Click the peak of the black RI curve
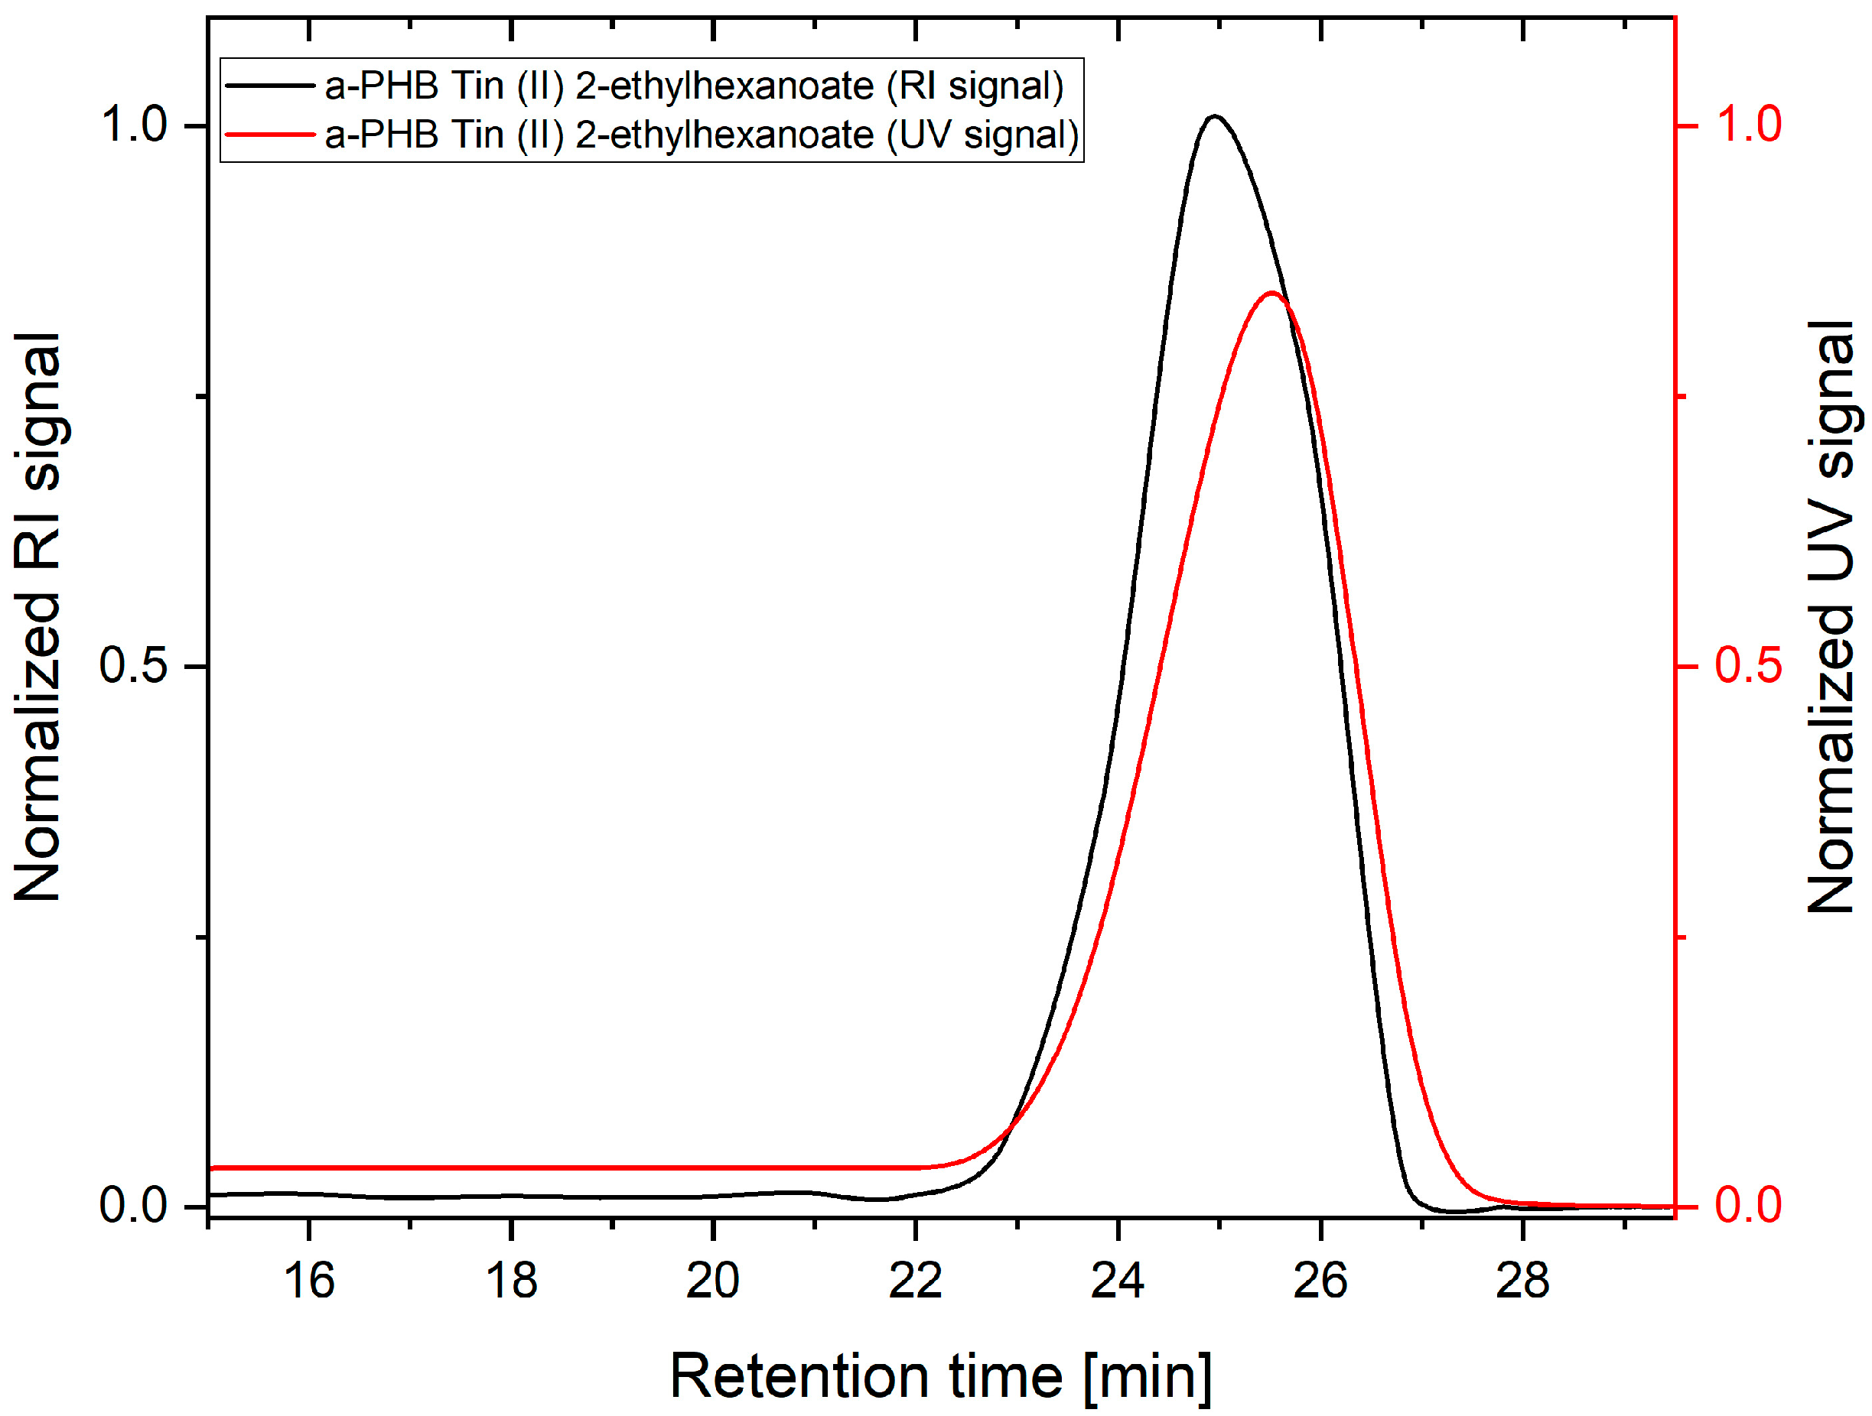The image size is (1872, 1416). (1216, 116)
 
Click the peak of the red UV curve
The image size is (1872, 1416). (1271, 294)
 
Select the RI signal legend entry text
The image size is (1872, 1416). (694, 86)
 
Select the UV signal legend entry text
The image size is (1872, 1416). (702, 135)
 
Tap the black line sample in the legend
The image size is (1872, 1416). (269, 86)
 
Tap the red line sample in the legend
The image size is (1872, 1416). (269, 134)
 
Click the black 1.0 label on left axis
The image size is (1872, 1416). (135, 125)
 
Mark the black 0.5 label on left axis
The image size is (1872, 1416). (135, 665)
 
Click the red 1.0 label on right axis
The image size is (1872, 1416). (1748, 125)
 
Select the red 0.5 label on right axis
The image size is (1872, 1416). (1748, 665)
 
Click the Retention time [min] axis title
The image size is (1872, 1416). (940, 1376)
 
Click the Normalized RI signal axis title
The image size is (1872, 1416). (38, 618)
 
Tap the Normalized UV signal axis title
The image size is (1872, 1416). (1831, 618)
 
